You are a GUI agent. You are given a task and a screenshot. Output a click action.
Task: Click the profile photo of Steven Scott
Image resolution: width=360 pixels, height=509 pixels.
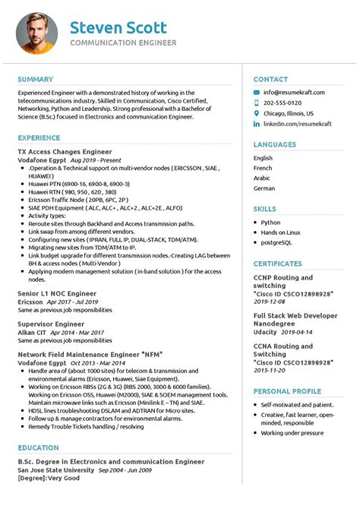pos(37,33)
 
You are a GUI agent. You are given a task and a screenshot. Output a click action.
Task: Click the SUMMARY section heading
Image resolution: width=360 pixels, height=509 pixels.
pos(36,79)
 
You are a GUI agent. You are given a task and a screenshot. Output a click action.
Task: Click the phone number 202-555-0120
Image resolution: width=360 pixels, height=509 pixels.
pos(283,103)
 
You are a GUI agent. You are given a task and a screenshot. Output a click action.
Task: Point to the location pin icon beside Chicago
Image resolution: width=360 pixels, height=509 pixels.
pos(257,112)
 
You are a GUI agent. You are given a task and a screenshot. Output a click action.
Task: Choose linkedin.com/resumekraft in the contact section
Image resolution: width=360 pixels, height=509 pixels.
pos(296,122)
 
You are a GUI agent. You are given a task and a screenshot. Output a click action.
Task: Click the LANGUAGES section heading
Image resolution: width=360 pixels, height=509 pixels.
pos(275,144)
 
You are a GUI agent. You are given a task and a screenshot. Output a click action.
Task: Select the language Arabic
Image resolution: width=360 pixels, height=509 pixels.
pos(262,178)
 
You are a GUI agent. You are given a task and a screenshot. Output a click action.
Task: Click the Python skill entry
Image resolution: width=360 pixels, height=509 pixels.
pos(271,223)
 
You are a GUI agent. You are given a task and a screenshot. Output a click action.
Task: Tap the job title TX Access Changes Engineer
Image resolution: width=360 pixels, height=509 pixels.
pos(65,152)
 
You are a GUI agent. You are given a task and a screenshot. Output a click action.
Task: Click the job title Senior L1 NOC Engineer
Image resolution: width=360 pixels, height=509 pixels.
pos(57,292)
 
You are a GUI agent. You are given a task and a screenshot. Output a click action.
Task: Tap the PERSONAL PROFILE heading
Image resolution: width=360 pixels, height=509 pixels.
pos(288,391)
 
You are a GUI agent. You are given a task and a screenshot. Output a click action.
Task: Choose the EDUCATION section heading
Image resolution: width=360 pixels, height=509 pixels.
pos(39,448)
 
